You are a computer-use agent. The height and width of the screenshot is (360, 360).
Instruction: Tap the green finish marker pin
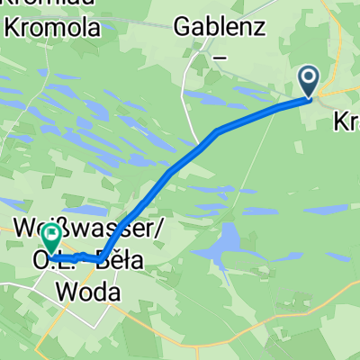(51, 238)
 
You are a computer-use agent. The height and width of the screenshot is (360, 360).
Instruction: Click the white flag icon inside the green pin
(51, 236)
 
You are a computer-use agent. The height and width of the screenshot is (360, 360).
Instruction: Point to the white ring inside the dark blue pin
(309, 78)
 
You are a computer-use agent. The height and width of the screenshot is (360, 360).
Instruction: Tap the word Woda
(86, 291)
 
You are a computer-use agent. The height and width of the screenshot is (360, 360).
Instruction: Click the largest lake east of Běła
(227, 242)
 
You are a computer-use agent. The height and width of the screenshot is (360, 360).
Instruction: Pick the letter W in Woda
(67, 291)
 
